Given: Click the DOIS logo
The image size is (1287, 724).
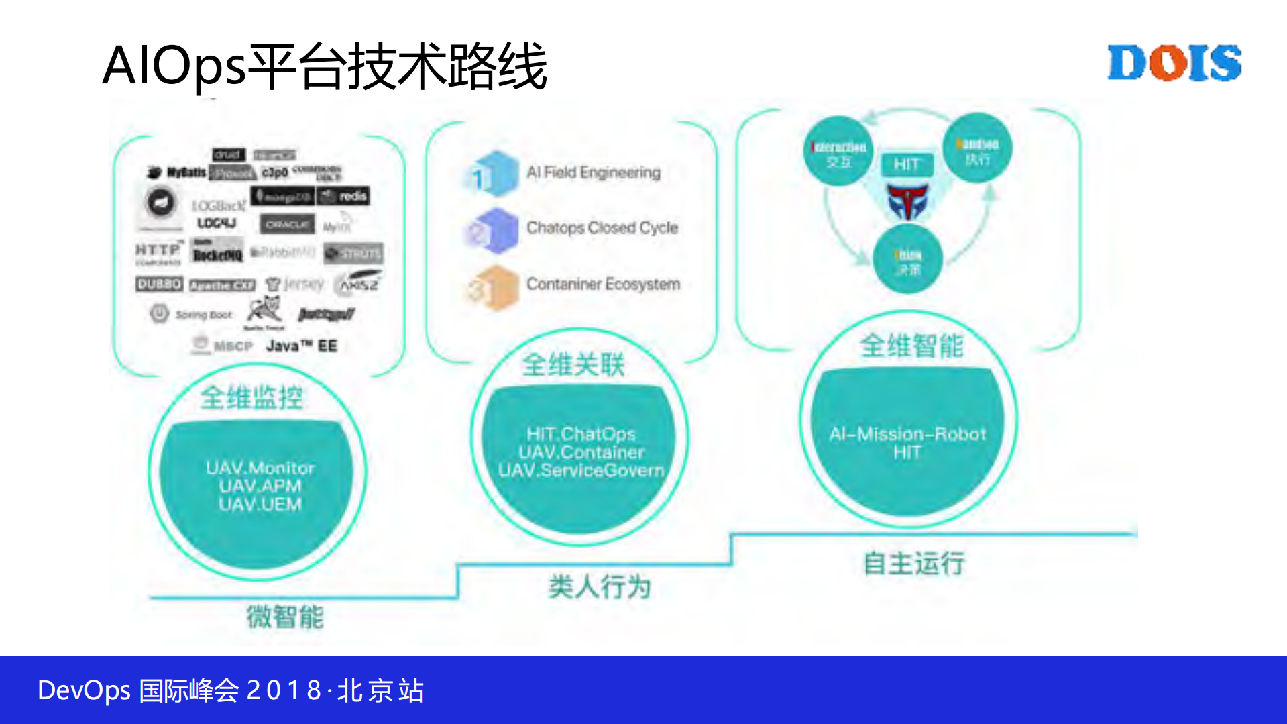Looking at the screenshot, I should click(1174, 63).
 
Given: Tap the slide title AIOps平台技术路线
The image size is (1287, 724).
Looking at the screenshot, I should click(325, 66).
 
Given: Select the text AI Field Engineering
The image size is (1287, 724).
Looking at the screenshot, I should click(593, 173).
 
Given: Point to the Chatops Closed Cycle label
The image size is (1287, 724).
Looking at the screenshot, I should click(602, 228).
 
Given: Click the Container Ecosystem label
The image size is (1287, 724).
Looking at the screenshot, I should click(603, 285).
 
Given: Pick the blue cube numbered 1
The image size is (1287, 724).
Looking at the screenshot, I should click(492, 174).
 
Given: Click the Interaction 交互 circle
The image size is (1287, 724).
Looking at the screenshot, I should click(838, 152).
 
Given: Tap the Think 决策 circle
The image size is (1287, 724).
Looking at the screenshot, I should click(907, 260).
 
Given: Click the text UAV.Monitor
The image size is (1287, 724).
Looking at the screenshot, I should click(260, 468).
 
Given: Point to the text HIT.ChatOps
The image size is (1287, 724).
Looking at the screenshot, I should click(581, 434).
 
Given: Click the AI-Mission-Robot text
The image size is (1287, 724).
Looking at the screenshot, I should click(907, 434).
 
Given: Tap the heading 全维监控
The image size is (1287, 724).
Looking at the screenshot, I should click(251, 398).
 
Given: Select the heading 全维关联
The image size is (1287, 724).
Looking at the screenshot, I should click(573, 365).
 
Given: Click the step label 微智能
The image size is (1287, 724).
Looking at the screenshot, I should click(285, 617).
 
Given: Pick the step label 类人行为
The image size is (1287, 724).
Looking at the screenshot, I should click(599, 587).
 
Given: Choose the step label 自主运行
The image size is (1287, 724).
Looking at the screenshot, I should click(913, 563).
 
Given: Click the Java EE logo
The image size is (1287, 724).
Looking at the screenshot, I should click(301, 346).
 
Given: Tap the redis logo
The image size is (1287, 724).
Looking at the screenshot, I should click(344, 196).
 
